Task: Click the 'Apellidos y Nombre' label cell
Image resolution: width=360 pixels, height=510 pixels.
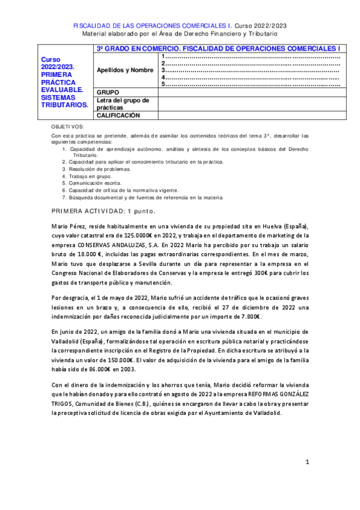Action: coord(125,70)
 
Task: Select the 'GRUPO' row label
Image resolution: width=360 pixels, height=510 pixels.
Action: coord(108,92)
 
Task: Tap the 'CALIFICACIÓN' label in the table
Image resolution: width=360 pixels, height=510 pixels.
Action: coord(118,115)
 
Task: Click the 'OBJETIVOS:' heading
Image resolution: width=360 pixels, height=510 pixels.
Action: coord(68,127)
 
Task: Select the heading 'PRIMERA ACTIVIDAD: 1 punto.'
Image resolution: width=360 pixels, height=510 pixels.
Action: coord(104,211)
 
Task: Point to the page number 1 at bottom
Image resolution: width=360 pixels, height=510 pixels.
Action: coord(307,462)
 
